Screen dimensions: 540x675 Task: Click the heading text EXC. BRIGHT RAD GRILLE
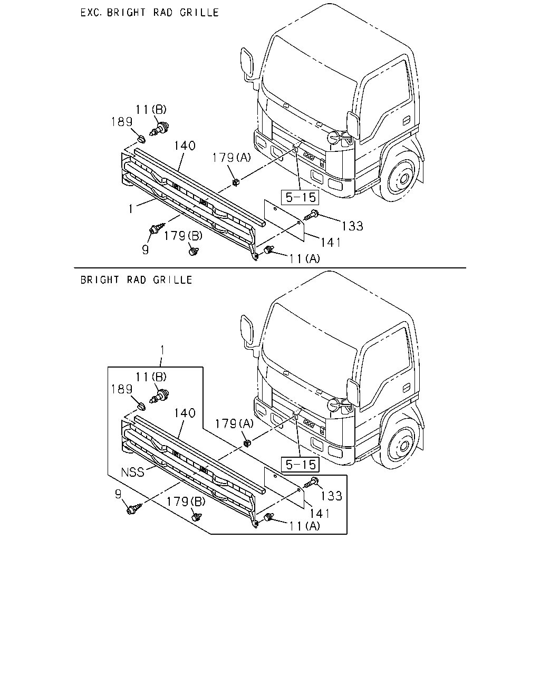point(149,13)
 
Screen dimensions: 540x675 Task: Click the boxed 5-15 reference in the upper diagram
point(300,197)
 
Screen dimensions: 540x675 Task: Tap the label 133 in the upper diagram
point(352,226)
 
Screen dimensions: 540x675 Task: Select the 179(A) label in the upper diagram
point(232,158)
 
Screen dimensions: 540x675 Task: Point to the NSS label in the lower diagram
point(132,472)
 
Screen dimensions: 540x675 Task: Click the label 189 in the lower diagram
point(122,389)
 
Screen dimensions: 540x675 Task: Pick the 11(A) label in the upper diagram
point(304,259)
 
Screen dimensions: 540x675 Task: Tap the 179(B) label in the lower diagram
point(186,502)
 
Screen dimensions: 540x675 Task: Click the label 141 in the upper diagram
point(331,243)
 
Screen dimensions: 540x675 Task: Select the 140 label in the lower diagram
point(185,413)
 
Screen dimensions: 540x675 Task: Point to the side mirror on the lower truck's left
point(247,330)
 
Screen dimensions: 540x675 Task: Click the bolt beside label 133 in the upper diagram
point(311,215)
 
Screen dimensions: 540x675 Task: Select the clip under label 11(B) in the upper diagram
point(159,129)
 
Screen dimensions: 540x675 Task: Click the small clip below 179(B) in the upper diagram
point(194,250)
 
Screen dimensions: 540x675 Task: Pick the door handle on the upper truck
point(406,120)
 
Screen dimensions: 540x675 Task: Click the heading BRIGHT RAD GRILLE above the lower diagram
point(136,280)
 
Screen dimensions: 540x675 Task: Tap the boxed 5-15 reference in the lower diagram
point(300,465)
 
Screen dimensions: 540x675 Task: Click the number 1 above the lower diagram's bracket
point(162,350)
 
